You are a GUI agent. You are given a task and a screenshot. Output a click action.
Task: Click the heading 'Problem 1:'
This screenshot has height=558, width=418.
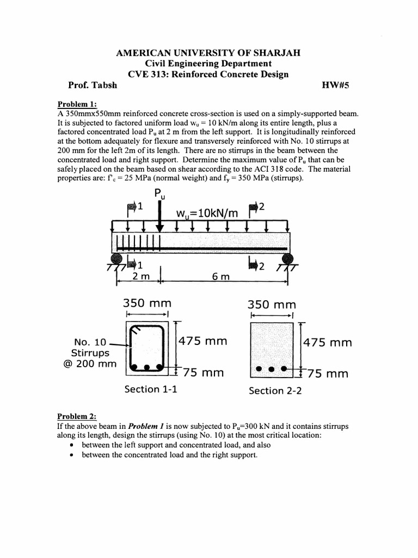point(77,105)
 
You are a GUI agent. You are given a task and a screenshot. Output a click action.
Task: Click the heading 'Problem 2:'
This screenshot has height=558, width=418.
point(77,416)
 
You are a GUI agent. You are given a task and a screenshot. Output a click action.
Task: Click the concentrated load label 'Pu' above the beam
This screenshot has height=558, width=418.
point(160,194)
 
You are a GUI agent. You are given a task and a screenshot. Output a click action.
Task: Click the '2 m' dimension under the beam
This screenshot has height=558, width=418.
point(141,276)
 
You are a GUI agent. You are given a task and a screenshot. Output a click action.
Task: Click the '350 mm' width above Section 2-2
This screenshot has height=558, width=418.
point(272,304)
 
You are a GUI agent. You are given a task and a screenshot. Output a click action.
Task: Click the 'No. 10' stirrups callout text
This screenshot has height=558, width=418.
point(91,342)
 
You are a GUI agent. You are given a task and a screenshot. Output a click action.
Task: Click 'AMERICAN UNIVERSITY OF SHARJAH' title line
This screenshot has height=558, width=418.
point(208,53)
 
